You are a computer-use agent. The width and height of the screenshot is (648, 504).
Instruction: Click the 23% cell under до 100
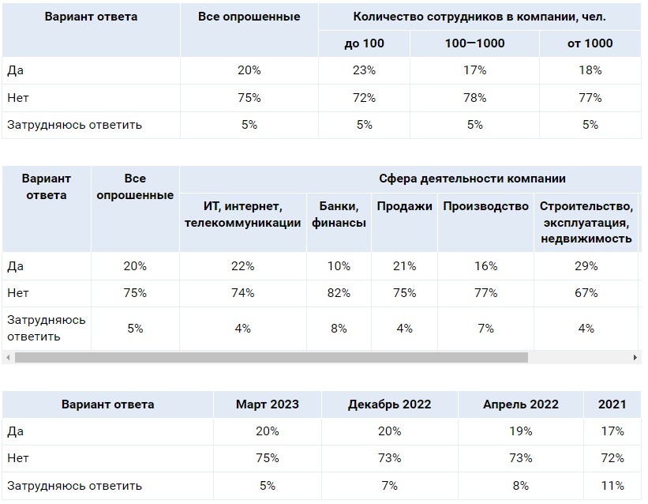click(364, 70)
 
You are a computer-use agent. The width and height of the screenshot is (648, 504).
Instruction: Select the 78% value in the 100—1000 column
click(475, 98)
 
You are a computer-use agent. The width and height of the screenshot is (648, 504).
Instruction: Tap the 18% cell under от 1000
click(590, 70)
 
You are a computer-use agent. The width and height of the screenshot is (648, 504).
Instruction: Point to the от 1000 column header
click(590, 43)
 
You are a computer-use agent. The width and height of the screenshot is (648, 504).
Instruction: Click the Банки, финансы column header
click(339, 215)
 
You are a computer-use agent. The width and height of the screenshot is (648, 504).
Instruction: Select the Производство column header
click(485, 207)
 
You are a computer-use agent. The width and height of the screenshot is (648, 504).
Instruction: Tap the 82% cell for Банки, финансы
click(339, 293)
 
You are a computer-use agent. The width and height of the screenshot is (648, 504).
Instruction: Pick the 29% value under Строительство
click(586, 266)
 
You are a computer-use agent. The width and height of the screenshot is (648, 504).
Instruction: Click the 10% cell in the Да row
click(339, 266)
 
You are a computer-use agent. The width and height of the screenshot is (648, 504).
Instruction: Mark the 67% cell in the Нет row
click(586, 293)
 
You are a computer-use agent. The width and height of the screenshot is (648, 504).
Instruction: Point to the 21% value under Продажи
click(404, 266)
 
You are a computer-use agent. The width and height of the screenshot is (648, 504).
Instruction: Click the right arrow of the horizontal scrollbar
click(635, 358)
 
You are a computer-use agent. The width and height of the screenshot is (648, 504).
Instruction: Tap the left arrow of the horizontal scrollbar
click(8, 358)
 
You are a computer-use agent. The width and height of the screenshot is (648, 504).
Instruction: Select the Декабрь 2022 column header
click(389, 404)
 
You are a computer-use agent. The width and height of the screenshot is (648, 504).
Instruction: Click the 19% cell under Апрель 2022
click(521, 431)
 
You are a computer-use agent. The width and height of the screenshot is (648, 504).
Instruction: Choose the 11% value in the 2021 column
click(612, 486)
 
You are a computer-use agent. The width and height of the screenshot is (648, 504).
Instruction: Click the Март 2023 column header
click(268, 404)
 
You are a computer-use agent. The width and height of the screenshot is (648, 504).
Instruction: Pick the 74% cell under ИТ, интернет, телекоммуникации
click(243, 293)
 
